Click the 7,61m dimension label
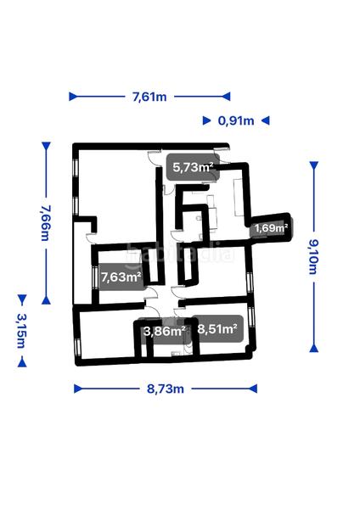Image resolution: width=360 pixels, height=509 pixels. [149, 97]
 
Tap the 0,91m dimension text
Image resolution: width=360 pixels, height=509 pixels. [236, 120]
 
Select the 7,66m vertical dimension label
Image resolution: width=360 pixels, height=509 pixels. [46, 223]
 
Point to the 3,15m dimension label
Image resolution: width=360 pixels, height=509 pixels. [22, 331]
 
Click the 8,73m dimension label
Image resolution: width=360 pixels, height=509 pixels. [166, 389]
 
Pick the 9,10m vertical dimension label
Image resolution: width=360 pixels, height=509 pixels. [313, 257]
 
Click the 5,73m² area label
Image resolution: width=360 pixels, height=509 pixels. [193, 167]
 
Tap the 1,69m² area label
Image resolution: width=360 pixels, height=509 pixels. [272, 228]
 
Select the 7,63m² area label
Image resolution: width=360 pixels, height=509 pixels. [121, 277]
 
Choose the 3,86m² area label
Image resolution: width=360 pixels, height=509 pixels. [165, 332]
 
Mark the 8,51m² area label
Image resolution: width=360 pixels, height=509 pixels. [217, 329]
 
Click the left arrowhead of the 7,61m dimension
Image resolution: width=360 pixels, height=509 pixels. [73, 97]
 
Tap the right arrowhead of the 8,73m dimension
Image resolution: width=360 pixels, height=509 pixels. [253, 389]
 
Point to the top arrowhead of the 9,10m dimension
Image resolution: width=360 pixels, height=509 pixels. [313, 166]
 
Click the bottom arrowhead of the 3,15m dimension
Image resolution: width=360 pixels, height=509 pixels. [22, 362]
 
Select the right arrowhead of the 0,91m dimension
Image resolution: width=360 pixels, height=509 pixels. [266, 120]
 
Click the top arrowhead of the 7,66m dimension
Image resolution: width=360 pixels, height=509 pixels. [46, 146]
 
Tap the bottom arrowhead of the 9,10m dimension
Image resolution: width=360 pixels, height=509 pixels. [313, 348]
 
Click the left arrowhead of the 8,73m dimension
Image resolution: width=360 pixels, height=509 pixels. [78, 389]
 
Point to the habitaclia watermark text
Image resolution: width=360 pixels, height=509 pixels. [180, 253]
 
